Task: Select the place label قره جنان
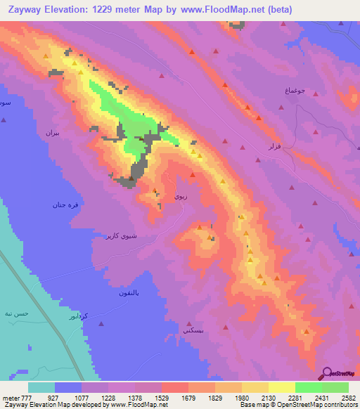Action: point(64,205)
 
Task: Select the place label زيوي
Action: point(180,198)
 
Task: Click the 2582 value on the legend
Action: point(348,397)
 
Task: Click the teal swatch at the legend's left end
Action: point(41,387)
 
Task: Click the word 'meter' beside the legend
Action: point(11,397)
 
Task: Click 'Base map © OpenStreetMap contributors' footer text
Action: point(298,405)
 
